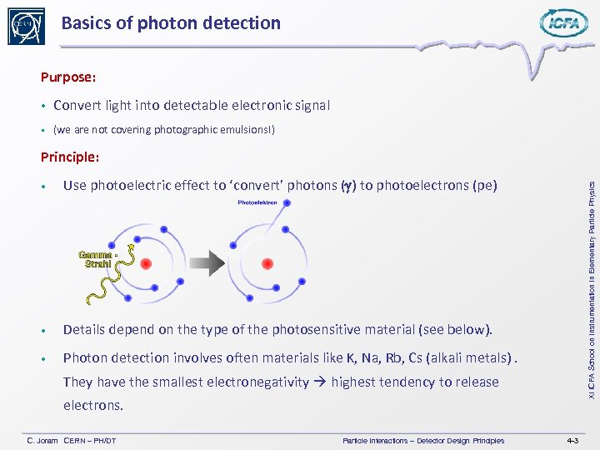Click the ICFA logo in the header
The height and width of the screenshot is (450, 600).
click(x=563, y=23)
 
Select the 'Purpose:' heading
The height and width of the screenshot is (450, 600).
click(x=68, y=77)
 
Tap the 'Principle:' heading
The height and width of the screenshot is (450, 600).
click(x=70, y=156)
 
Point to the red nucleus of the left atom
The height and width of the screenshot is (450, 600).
click(x=146, y=263)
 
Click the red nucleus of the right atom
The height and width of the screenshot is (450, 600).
click(x=267, y=263)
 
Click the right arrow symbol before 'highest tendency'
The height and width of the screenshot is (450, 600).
click(x=319, y=382)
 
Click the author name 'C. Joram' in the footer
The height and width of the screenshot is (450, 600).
click(x=42, y=440)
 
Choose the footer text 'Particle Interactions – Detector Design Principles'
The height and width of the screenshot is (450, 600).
click(x=422, y=440)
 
